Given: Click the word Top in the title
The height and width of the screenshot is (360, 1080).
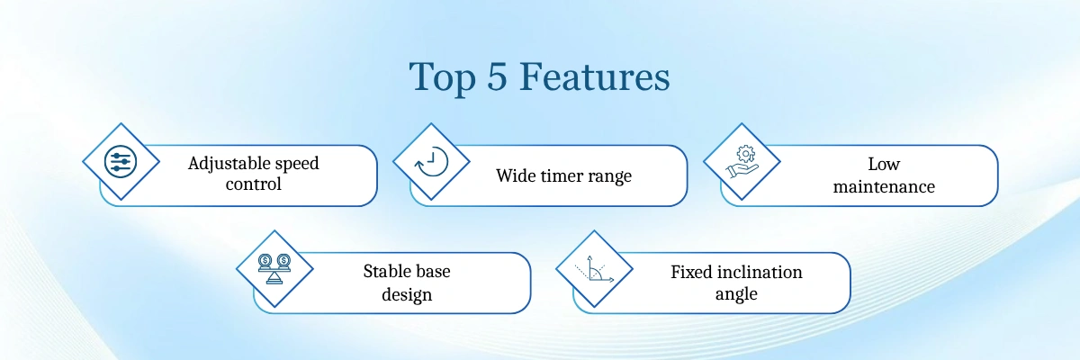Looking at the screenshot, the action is click(x=442, y=77).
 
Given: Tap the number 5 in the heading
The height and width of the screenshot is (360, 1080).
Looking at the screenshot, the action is click(x=497, y=76).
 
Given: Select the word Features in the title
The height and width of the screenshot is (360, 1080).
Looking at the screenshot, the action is click(x=595, y=76).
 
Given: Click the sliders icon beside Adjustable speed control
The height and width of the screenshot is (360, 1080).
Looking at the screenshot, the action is click(x=121, y=161).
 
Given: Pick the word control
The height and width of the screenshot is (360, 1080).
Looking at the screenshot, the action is click(x=253, y=184).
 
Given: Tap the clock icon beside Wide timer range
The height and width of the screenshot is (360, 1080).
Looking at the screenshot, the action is click(x=431, y=162).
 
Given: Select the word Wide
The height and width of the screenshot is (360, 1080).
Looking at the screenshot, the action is click(x=516, y=175).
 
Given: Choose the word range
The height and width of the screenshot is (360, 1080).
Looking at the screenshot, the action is click(x=608, y=177).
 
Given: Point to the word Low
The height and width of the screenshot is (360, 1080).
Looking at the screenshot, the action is click(x=884, y=165).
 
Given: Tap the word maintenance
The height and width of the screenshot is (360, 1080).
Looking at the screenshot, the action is click(x=884, y=186).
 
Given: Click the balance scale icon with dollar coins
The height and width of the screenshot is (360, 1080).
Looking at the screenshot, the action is click(x=274, y=269).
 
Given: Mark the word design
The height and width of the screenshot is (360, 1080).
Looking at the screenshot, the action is click(x=407, y=294).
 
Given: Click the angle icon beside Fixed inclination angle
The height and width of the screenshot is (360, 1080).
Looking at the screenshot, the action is click(x=594, y=269).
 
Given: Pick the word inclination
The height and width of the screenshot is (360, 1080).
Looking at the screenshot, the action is click(x=760, y=273).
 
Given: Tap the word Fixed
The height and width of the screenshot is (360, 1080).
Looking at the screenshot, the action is click(x=691, y=273).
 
